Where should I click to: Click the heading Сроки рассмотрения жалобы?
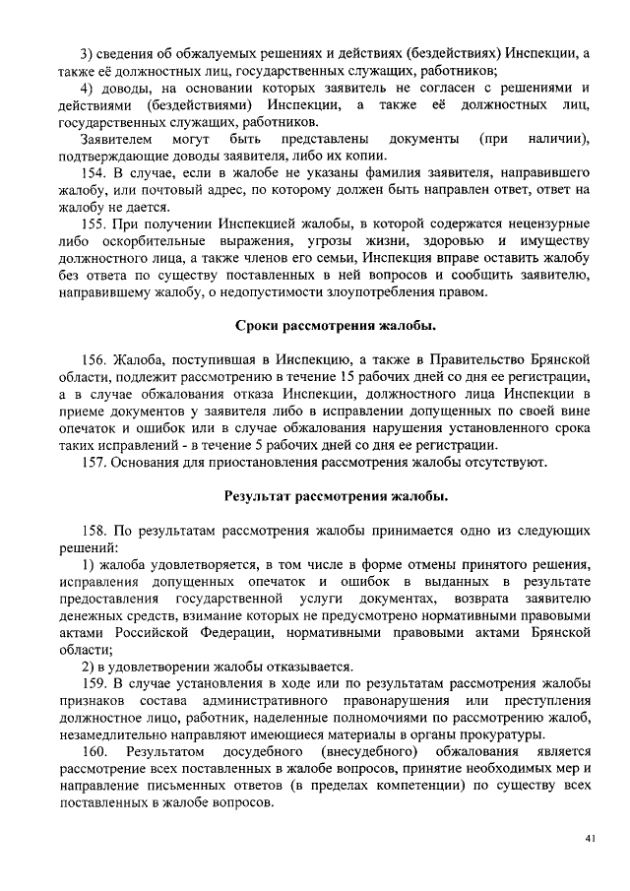tap(337, 325)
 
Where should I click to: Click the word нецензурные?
tap(542, 224)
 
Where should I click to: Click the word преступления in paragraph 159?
tap(545, 700)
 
